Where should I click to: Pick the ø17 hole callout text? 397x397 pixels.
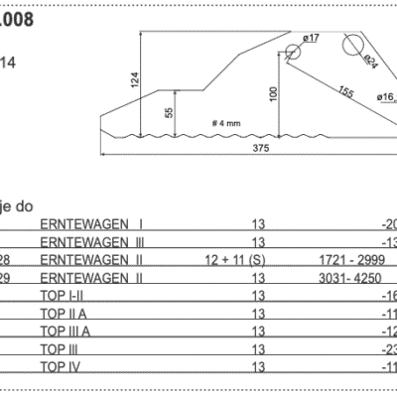pos(309,38)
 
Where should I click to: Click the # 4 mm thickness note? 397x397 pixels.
pos(225,122)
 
